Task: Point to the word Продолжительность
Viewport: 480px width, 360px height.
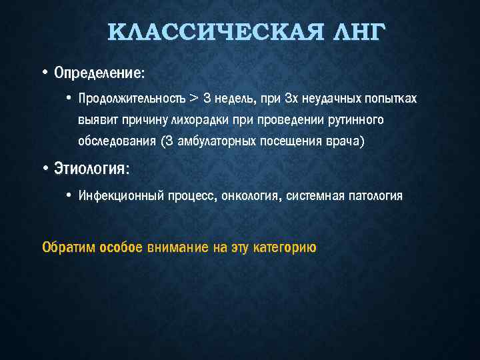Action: (132, 99)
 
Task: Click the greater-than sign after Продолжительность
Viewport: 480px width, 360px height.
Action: (193, 99)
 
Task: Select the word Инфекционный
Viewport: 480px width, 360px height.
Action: (117, 196)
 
